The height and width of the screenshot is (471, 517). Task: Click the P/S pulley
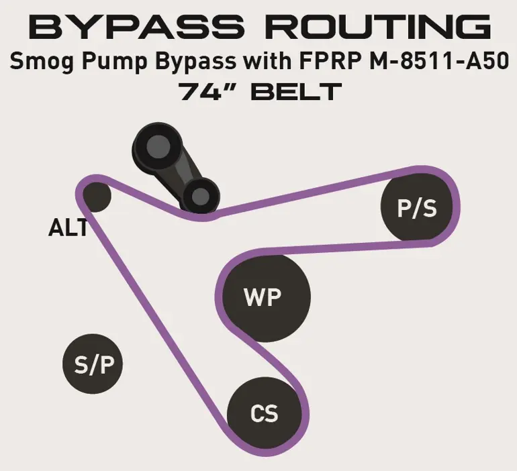417,206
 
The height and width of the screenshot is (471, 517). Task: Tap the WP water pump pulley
267,297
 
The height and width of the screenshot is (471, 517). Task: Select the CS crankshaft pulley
265,413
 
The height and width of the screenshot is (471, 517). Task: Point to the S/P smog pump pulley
93,364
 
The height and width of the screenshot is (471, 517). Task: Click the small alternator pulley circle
96,197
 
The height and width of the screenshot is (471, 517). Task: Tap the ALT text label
68,227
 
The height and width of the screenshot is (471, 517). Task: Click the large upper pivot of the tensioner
158,146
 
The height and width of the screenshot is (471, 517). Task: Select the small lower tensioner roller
201,197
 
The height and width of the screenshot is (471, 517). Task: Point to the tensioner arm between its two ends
180,171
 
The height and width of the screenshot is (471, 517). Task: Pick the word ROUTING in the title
378,27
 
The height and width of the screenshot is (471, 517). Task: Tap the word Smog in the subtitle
42,61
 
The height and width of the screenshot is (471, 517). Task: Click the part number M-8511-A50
439,61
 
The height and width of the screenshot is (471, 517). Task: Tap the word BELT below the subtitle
296,91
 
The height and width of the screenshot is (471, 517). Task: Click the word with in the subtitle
268,61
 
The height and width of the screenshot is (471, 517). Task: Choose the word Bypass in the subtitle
196,61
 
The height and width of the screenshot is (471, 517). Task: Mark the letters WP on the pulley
263,297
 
